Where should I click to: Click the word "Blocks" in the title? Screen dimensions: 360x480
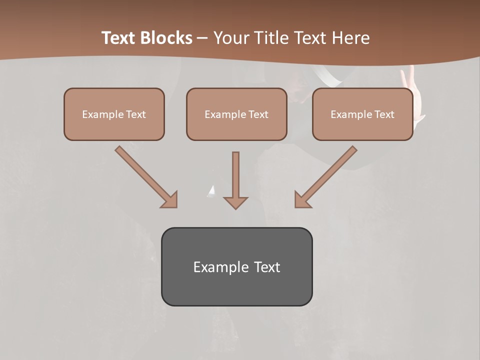point(166,38)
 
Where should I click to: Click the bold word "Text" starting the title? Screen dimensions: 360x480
point(119,38)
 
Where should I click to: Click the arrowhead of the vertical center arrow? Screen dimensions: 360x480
point(235,202)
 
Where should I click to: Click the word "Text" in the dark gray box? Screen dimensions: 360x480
point(267,267)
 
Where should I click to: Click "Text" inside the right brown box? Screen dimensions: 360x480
point(384,114)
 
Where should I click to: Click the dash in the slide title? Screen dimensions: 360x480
point(203,38)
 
